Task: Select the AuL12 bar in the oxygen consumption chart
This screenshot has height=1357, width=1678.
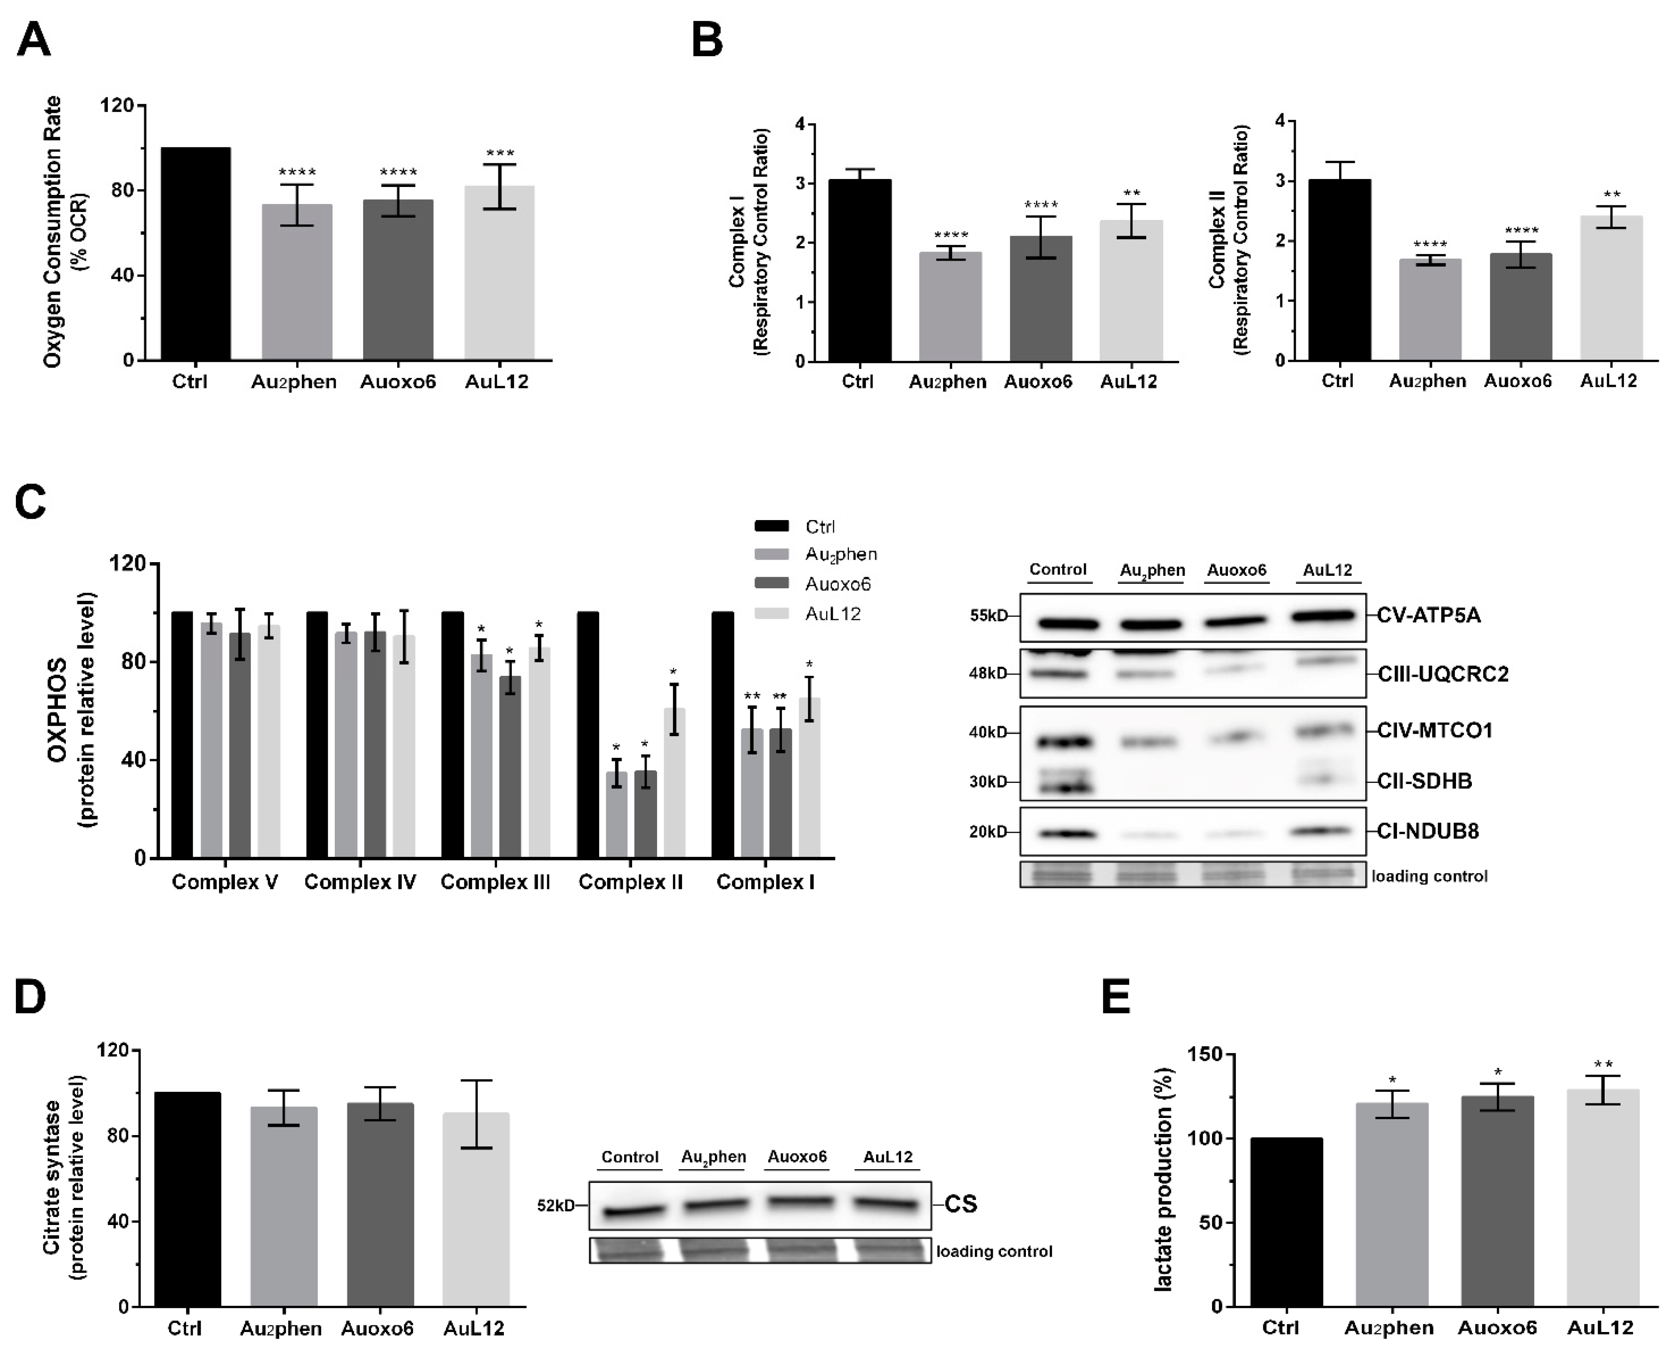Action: [499, 274]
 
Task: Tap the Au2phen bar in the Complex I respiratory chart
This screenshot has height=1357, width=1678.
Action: [950, 306]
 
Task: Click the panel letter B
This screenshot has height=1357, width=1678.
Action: [707, 41]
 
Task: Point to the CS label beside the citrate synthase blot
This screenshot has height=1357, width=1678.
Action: [961, 1204]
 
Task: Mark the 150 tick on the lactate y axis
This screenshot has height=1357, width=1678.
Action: [1205, 1054]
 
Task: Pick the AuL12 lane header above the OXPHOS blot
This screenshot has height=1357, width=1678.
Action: [1327, 570]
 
